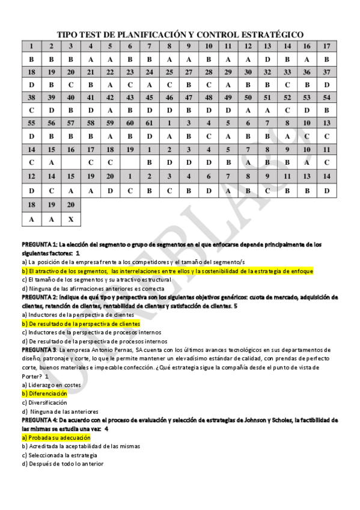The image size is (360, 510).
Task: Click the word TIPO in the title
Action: tap(67, 35)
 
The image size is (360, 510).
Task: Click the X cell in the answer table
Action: tap(71, 220)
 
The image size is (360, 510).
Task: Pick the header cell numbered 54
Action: tap(326, 97)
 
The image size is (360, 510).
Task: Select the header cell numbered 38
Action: tap(31, 97)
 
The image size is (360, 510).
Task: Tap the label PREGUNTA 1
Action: tap(39, 245)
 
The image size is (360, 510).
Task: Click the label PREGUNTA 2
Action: tap(39, 297)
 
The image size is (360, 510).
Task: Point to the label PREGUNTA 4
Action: tap(39, 420)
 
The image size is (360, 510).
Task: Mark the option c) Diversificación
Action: tap(44, 402)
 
